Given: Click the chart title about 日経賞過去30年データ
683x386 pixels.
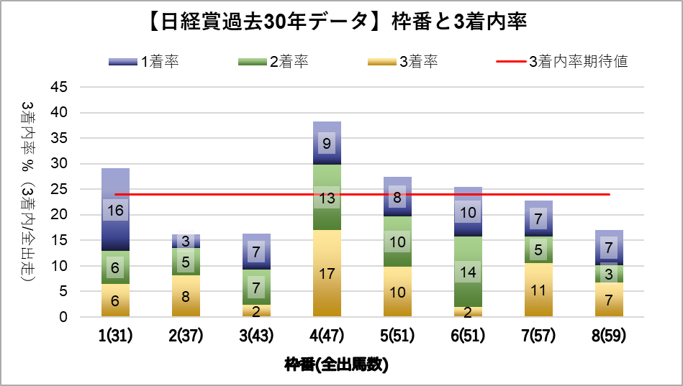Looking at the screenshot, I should pyautogui.click(x=341, y=23).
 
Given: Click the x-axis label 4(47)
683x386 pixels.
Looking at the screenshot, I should pyautogui.click(x=327, y=336).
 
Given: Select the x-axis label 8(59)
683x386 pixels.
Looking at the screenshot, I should pyautogui.click(x=609, y=336).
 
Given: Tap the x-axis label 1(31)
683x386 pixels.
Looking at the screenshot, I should pyautogui.click(x=115, y=336).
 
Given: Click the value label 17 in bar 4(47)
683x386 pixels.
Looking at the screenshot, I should pyautogui.click(x=327, y=273).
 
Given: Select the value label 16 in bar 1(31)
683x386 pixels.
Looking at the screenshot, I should pyautogui.click(x=115, y=211).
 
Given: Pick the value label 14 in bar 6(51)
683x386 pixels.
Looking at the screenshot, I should pyautogui.click(x=468, y=272).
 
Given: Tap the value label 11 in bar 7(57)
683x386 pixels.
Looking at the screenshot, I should pyautogui.click(x=538, y=290).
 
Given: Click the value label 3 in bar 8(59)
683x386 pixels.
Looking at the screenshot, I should pyautogui.click(x=609, y=274).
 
